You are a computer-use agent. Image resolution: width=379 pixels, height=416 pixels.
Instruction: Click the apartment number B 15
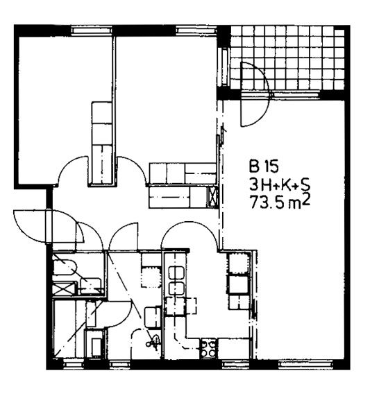(264, 166)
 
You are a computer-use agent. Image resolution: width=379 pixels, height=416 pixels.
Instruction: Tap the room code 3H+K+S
(280, 184)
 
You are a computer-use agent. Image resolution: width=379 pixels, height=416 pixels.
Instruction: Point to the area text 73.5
(268, 203)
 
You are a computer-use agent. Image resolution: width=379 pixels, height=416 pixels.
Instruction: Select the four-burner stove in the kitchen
(208, 348)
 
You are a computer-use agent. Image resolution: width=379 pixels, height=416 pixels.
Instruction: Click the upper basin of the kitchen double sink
(176, 272)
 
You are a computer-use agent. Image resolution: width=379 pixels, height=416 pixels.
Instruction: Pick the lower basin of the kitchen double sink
(176, 288)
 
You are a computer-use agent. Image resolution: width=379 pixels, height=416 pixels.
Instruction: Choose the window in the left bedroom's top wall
(92, 30)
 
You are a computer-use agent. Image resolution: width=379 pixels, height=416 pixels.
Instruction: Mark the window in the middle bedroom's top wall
(196, 30)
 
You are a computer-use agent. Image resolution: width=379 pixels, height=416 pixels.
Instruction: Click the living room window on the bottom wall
(305, 364)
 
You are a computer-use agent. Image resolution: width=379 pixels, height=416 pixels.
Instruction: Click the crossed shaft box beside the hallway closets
(212, 196)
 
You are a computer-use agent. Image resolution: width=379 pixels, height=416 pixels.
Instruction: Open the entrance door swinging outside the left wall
(31, 226)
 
